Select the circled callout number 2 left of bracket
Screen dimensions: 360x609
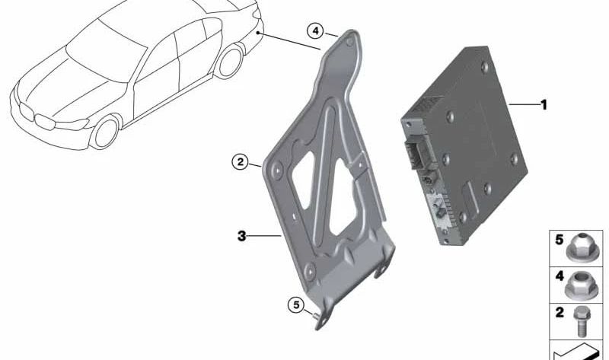[240, 161]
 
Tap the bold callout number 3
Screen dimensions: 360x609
[241, 236]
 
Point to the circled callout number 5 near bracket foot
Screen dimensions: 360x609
[295, 305]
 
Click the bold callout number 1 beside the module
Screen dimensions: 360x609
[543, 104]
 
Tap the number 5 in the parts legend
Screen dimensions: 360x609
[559, 241]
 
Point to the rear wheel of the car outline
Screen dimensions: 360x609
[227, 62]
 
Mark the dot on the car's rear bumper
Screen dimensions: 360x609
[260, 34]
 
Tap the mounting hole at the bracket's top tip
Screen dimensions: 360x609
[350, 42]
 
